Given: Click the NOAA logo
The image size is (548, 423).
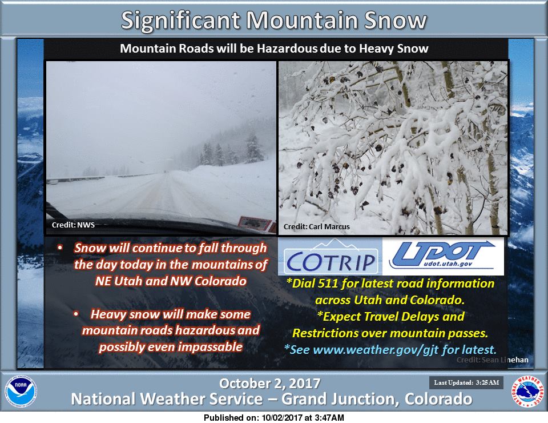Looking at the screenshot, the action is click(x=21, y=392).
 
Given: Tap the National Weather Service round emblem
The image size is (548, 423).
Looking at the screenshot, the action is click(x=527, y=392).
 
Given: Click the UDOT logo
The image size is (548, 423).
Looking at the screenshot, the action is click(x=443, y=256).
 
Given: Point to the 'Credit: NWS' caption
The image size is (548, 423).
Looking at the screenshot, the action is click(x=73, y=225).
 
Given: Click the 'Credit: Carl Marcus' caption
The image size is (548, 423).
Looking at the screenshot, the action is click(x=316, y=227).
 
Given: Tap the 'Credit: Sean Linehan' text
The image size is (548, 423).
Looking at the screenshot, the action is click(x=493, y=360).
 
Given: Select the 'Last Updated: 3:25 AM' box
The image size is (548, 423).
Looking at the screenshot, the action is click(x=466, y=383).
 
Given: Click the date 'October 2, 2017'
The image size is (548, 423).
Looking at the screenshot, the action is click(x=269, y=384).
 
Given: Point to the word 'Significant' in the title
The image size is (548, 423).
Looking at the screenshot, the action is click(x=181, y=21).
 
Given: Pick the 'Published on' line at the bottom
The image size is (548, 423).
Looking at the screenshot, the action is click(x=273, y=418).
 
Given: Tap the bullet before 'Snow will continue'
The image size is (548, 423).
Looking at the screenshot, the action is click(x=60, y=248).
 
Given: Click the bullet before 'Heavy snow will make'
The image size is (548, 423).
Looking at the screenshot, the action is click(x=76, y=314).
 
